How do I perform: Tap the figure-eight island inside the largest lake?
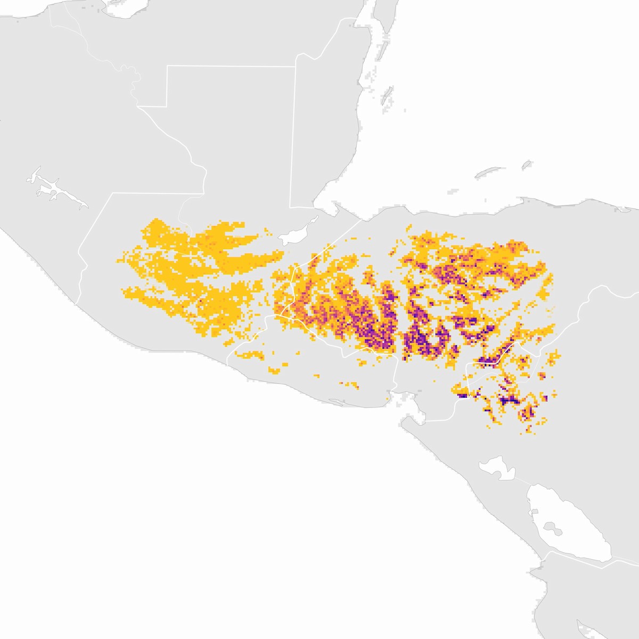pos(554,530)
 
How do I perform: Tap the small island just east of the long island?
pos(527,165)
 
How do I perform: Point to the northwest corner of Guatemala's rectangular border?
pos(168,66)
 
